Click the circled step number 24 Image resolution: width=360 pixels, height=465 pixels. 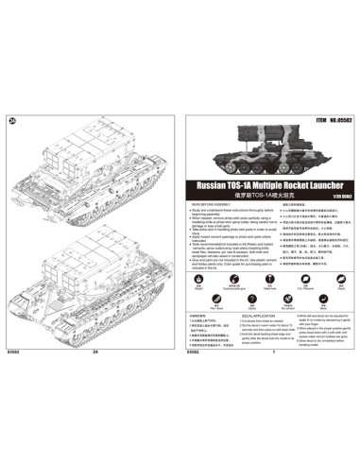point(12,119)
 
